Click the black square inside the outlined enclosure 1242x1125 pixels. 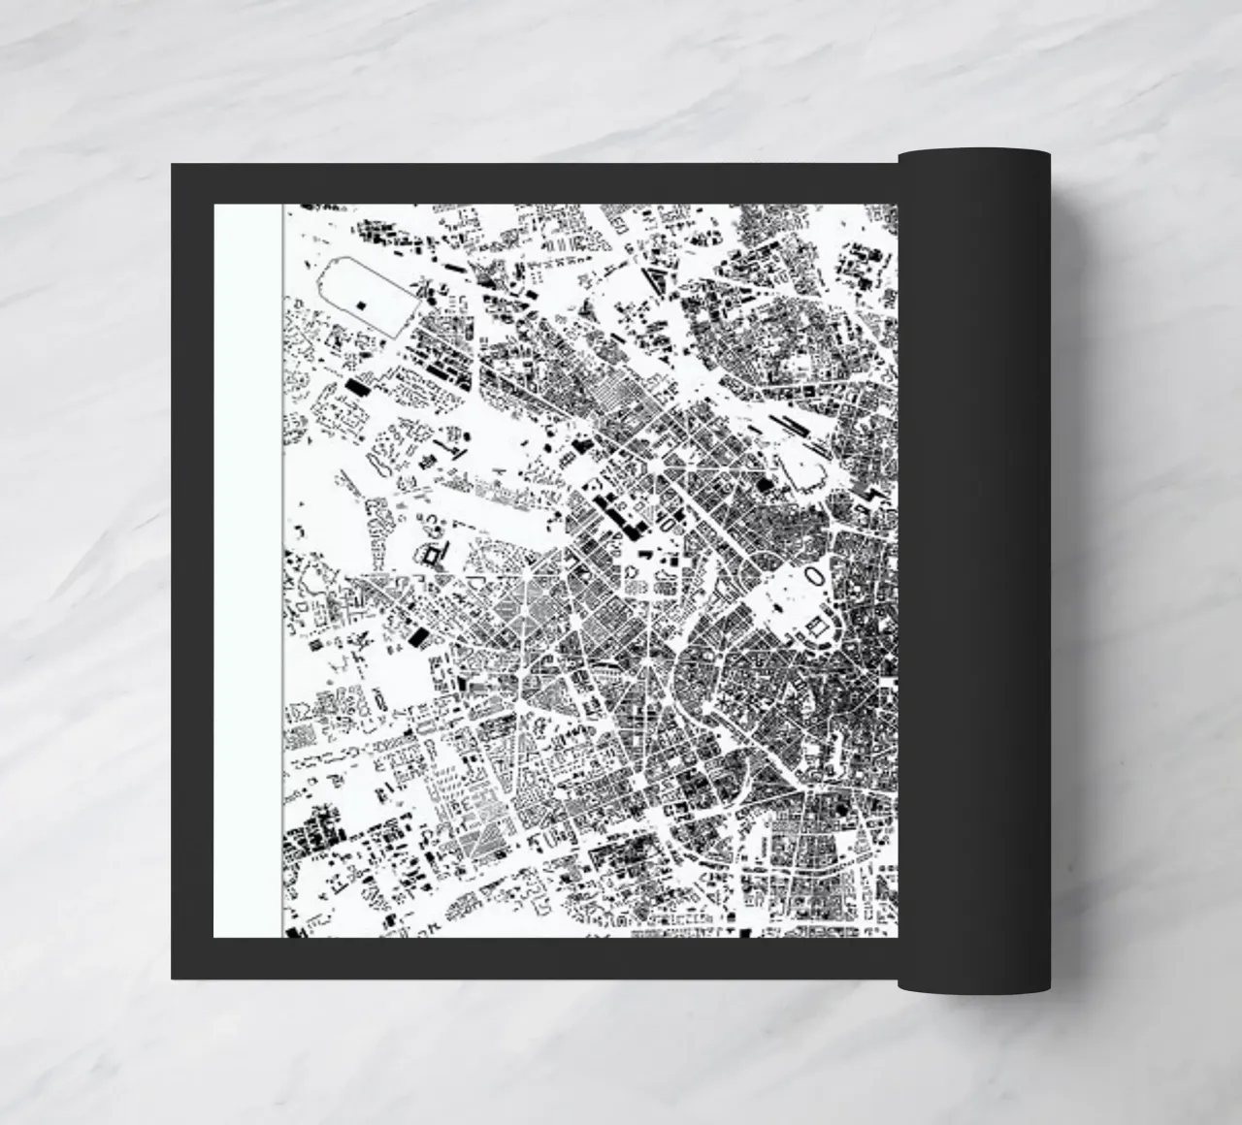pos(362,305)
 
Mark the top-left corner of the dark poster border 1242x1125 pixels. pos(173,165)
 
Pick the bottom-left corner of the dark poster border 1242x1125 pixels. pos(173,978)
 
